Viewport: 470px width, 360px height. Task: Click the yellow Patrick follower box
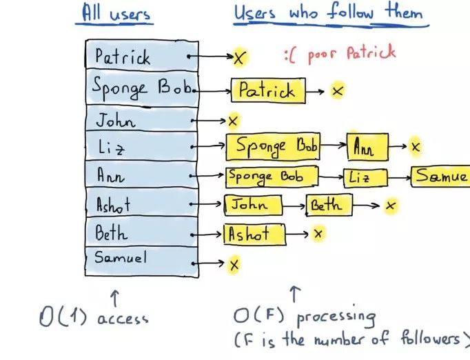[x=267, y=90]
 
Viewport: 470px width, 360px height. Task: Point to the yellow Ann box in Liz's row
[x=367, y=146]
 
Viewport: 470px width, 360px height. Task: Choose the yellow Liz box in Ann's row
[x=365, y=177]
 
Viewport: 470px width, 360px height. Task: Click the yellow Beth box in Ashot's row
[x=329, y=205]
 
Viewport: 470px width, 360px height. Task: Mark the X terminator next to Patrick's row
[x=239, y=58]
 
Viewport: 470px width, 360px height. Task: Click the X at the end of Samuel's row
[x=234, y=263]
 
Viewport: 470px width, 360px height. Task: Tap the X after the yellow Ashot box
[x=318, y=234]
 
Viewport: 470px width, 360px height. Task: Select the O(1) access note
[x=94, y=317]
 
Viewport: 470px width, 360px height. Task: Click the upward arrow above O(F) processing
[x=296, y=294]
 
